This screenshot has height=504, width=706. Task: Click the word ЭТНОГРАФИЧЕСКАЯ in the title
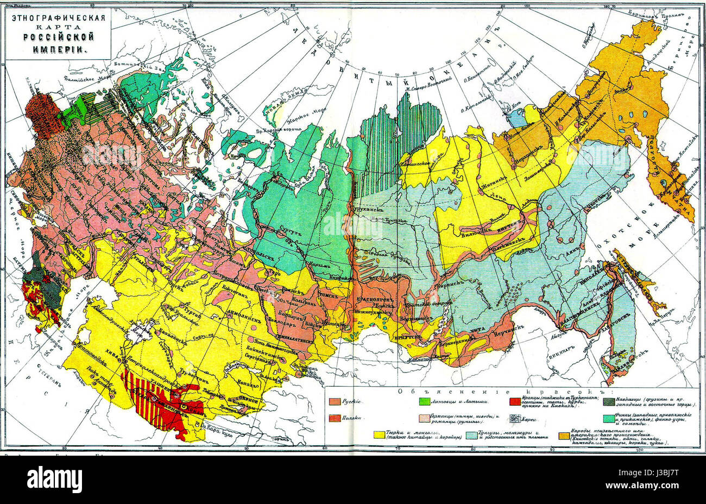pos(54,17)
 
